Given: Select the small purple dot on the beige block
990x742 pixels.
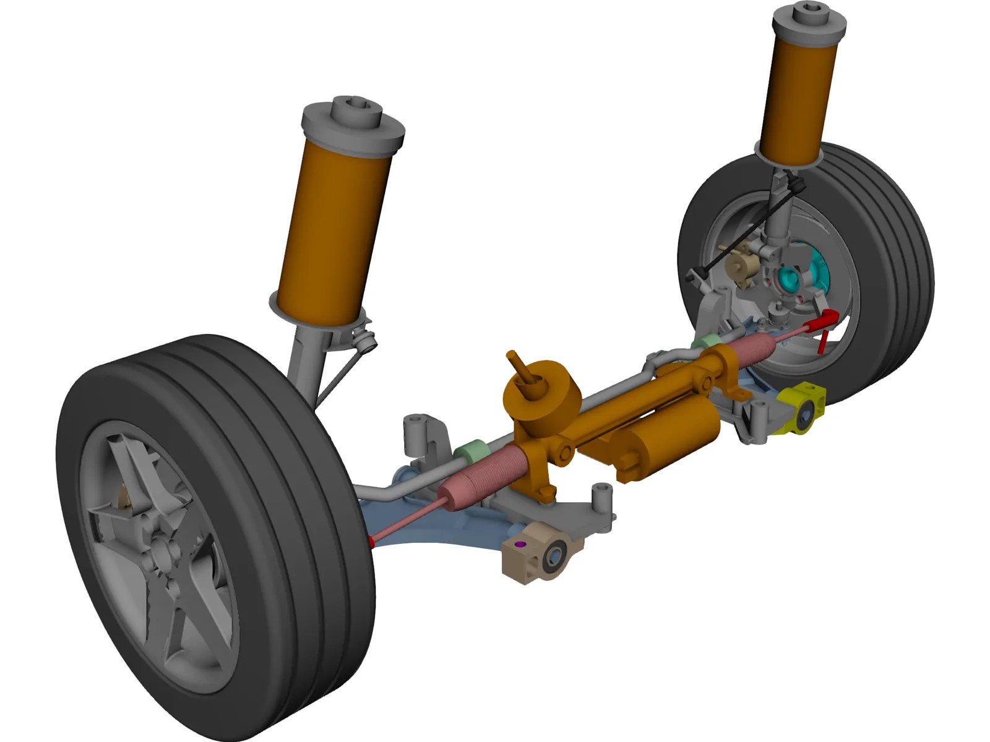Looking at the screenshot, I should [520, 544].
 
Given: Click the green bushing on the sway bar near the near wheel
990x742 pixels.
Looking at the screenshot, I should [471, 451].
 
